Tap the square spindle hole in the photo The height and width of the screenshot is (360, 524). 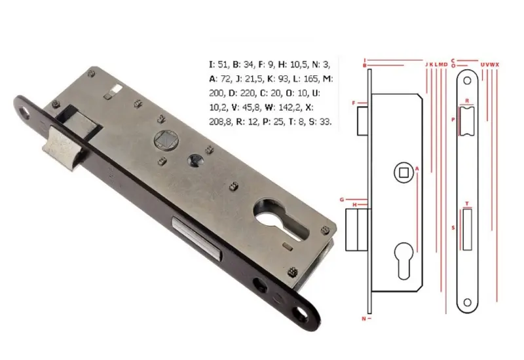[161, 141]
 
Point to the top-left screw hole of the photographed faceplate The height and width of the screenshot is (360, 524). [26, 113]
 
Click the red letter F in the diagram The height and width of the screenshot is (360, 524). [354, 103]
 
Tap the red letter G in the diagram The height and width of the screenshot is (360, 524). [341, 198]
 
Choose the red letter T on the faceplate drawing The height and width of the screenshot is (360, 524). [467, 204]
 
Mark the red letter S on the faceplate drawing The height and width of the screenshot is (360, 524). [453, 228]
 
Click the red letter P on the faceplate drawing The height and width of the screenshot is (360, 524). [453, 120]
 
